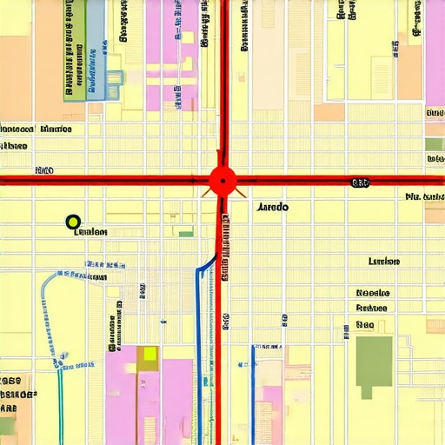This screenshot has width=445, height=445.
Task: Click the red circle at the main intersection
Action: pyautogui.click(x=222, y=182)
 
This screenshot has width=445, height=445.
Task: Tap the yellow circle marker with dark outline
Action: pyautogui.click(x=73, y=222)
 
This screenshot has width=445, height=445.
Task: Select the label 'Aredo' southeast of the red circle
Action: pyautogui.click(x=274, y=208)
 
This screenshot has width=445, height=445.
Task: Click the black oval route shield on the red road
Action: pyautogui.click(x=359, y=183)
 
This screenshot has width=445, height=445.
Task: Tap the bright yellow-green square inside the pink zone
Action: pyautogui.click(x=149, y=354)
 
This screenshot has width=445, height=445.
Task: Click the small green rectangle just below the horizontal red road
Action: pyautogui.click(x=185, y=233)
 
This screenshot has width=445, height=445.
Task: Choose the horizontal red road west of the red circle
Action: pyautogui.click(x=104, y=180)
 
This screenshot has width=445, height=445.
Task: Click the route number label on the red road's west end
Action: pyautogui.click(x=43, y=170)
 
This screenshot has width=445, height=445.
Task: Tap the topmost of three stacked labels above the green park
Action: pyautogui.click(x=372, y=293)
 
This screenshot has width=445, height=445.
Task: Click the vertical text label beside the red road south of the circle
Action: pyautogui.click(x=225, y=248)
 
